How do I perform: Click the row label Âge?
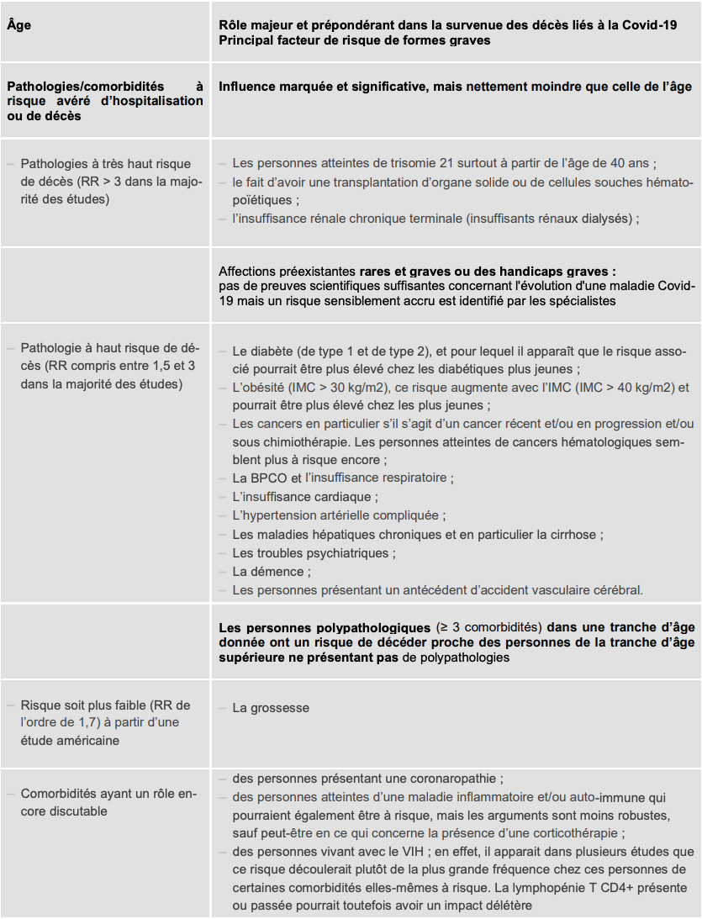(x=20, y=25)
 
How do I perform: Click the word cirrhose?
(x=575, y=535)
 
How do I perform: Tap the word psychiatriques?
(x=351, y=553)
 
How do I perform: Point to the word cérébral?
(x=613, y=590)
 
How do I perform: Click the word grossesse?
(x=279, y=708)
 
